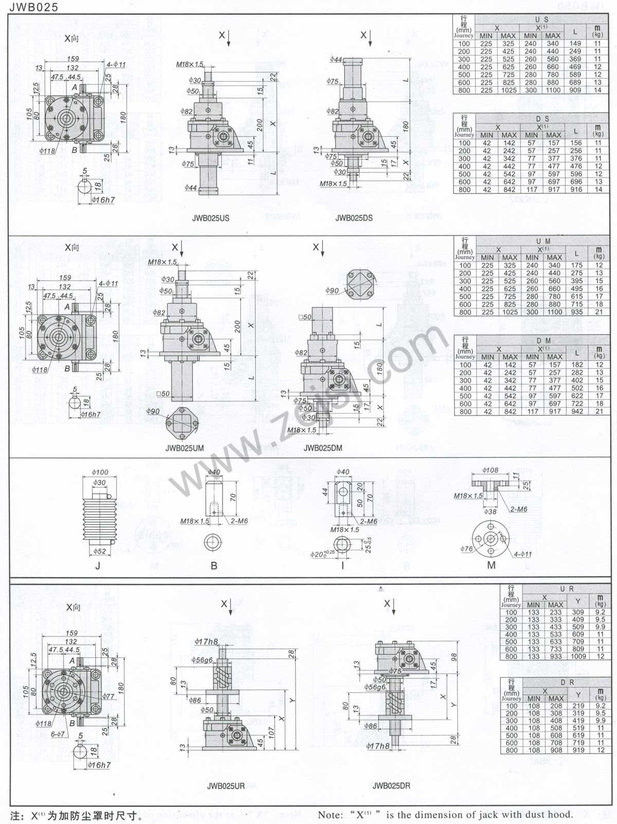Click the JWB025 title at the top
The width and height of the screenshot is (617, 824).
pyautogui.click(x=33, y=7)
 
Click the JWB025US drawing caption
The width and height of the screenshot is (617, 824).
pyautogui.click(x=211, y=218)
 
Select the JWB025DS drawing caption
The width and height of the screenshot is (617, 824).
pyautogui.click(x=354, y=218)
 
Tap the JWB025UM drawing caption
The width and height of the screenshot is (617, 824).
pyautogui.click(x=185, y=448)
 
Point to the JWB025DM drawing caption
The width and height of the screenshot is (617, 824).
pyautogui.click(x=322, y=448)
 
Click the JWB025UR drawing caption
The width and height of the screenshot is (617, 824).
pyautogui.click(x=226, y=786)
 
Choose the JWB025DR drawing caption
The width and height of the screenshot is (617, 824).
pyautogui.click(x=391, y=785)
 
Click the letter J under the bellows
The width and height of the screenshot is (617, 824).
pyautogui.click(x=98, y=566)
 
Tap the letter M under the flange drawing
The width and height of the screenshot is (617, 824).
pyautogui.click(x=491, y=565)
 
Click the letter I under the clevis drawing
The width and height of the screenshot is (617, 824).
pyautogui.click(x=342, y=566)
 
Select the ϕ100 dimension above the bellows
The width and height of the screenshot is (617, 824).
pyautogui.click(x=100, y=472)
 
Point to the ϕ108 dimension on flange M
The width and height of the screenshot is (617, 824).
pyautogui.click(x=490, y=470)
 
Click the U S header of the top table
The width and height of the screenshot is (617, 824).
pyautogui.click(x=541, y=20)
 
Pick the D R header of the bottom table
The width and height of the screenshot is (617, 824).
pyautogui.click(x=567, y=682)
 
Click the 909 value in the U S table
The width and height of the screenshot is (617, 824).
pyautogui.click(x=575, y=90)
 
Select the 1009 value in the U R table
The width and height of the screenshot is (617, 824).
pyautogui.click(x=578, y=656)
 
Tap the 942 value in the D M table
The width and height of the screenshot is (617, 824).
pyautogui.click(x=577, y=412)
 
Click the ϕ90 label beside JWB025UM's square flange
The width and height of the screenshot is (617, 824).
pyautogui.click(x=153, y=411)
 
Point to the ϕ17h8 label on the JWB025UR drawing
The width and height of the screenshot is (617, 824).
pyautogui.click(x=206, y=642)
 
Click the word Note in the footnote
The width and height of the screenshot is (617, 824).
pyautogui.click(x=330, y=815)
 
